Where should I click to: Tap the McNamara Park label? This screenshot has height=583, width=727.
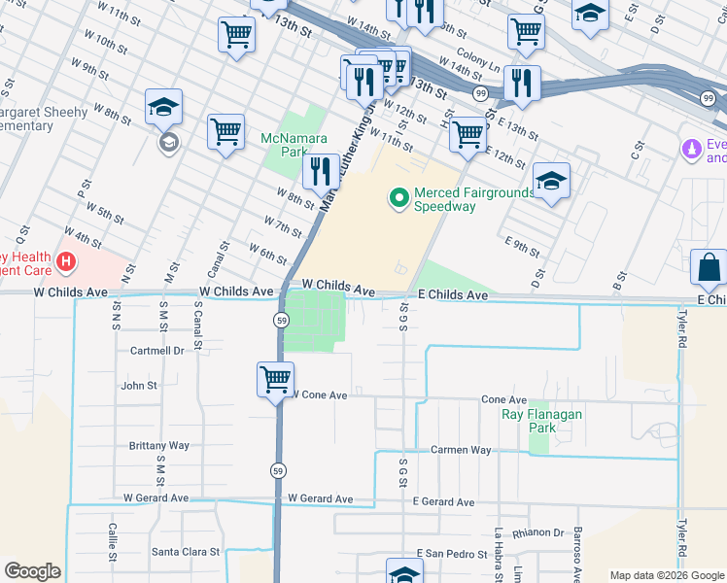tap(284, 146)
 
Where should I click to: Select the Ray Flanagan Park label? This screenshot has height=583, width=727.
tap(541, 421)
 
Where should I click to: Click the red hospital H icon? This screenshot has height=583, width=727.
tap(65, 261)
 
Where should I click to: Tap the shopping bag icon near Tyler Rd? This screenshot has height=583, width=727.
tap(710, 267)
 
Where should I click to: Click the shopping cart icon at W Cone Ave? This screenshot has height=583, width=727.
tap(276, 379)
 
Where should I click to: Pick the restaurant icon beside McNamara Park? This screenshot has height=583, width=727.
tap(320, 172)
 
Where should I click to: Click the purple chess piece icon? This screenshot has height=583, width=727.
tap(691, 150)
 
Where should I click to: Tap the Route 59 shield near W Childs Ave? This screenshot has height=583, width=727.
tap(279, 319)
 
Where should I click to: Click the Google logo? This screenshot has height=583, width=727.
tap(32, 571)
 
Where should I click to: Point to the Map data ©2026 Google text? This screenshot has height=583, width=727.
tap(666, 575)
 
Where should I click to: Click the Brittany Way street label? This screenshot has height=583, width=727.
tap(158, 445)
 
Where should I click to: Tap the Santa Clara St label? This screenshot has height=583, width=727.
tap(186, 551)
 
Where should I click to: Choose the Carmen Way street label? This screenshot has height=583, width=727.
tap(461, 450)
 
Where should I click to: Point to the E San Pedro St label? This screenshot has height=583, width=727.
tap(451, 553)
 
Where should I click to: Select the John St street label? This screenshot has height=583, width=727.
tap(139, 386)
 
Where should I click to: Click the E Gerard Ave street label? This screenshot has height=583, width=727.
tap(443, 502)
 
